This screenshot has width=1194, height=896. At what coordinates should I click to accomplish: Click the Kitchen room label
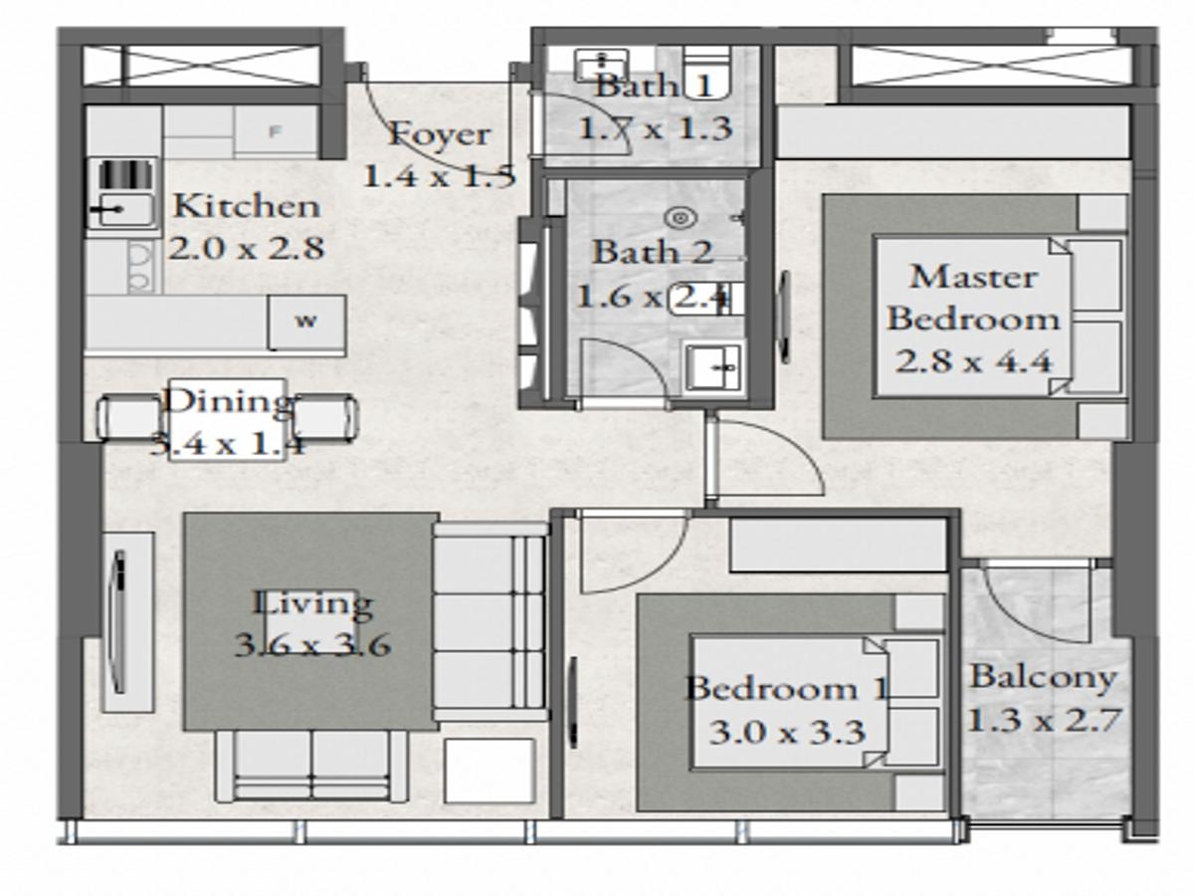coord(247,206)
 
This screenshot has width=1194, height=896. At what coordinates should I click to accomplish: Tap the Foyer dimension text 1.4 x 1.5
coord(438,176)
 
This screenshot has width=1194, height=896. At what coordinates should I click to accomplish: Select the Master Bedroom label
coord(973,297)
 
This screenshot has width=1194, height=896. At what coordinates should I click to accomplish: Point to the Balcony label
coord(1043,677)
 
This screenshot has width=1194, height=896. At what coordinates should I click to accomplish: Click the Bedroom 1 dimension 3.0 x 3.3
coord(786,733)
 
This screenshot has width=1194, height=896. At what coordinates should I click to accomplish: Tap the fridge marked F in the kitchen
coord(277,131)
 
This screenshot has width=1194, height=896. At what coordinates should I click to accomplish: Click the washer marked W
coord(306,322)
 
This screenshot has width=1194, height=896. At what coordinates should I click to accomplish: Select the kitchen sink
coord(122,209)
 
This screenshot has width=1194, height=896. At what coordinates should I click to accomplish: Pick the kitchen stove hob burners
coord(139,267)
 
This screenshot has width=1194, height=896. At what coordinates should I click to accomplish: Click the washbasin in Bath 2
coord(713,367)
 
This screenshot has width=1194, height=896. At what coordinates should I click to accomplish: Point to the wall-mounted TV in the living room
coord(117,621)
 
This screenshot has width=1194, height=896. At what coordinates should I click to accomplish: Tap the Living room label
coord(312,603)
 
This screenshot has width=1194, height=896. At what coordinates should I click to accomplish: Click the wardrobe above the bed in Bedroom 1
coord(837,545)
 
